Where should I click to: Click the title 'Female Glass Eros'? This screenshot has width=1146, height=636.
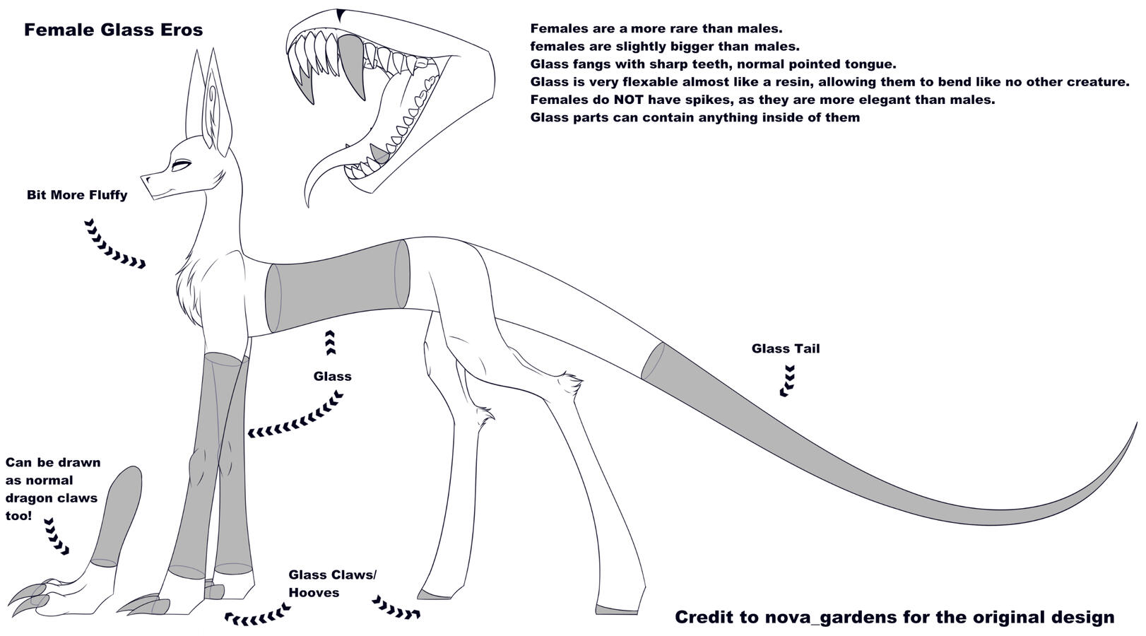click(x=114, y=30)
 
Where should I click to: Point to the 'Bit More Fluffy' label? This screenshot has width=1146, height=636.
click(x=77, y=195)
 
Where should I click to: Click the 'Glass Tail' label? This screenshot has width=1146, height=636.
click(x=786, y=348)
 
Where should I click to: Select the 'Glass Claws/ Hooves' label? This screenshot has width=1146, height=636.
click(x=332, y=583)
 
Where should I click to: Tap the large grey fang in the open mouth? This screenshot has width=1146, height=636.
click(x=352, y=66)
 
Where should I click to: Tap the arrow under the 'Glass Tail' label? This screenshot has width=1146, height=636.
click(x=787, y=381)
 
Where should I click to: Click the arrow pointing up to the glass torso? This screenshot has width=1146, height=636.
click(x=330, y=342)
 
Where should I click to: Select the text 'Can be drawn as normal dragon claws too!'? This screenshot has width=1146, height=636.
click(x=53, y=489)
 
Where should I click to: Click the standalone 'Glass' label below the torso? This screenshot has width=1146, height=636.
click(x=333, y=377)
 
